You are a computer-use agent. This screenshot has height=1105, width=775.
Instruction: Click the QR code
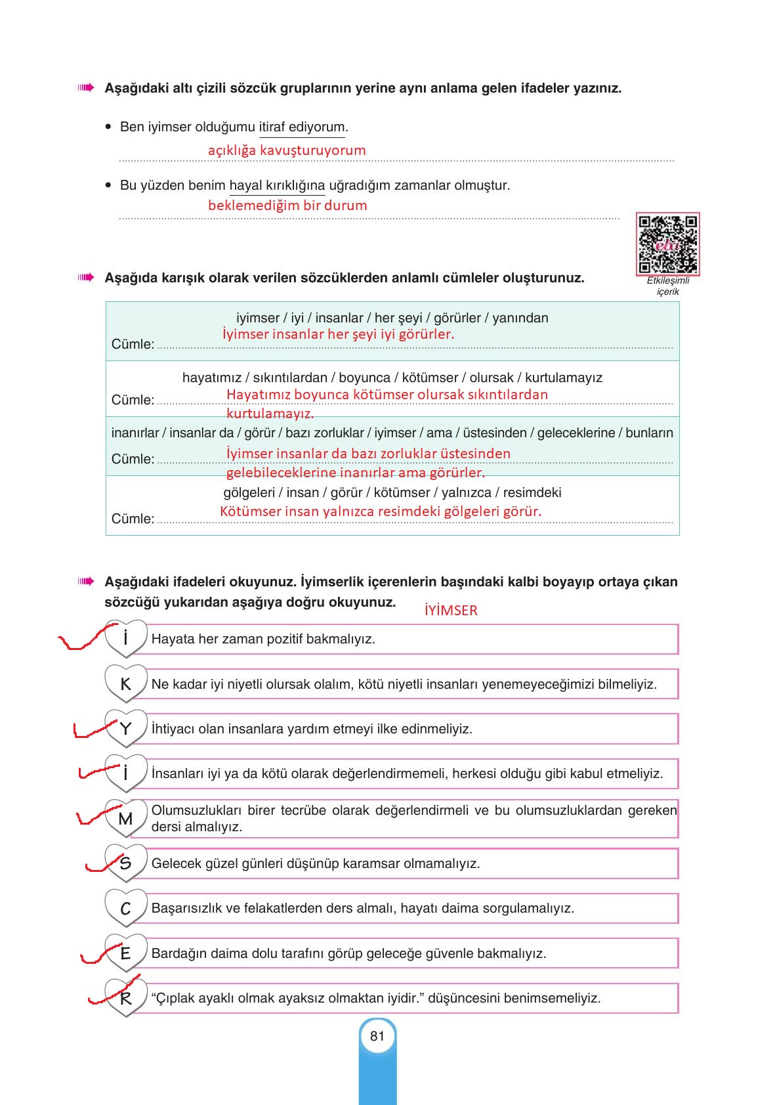pyautogui.click(x=667, y=244)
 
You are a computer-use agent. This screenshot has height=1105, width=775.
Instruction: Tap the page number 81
pyautogui.click(x=377, y=1036)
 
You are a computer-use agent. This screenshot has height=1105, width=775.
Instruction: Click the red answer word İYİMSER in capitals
pyautogui.click(x=451, y=611)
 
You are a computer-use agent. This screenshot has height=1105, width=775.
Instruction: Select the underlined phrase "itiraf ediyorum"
pyautogui.click(x=302, y=127)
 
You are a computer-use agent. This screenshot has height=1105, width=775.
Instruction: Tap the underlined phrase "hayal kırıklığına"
pyautogui.click(x=277, y=186)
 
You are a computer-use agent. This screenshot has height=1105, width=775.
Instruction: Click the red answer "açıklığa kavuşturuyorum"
pyautogui.click(x=287, y=150)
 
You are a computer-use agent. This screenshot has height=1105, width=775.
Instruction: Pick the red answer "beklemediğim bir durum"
pyautogui.click(x=287, y=206)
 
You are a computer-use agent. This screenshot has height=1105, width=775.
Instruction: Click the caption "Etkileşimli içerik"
pyautogui.click(x=668, y=286)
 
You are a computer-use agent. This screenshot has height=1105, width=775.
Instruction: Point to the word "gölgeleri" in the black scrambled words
pyautogui.click(x=249, y=493)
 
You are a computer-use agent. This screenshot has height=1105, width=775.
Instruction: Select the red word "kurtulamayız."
pyautogui.click(x=270, y=414)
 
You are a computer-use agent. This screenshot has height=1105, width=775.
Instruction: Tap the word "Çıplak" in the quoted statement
pyautogui.click(x=177, y=999)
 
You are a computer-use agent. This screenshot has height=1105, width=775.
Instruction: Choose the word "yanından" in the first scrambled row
pyautogui.click(x=520, y=318)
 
